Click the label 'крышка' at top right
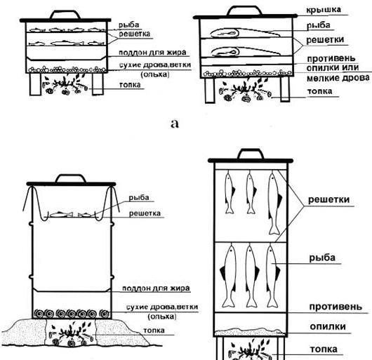point(324,10)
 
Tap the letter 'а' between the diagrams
point(175,124)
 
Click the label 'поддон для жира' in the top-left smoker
point(152,53)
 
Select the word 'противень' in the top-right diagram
point(331,58)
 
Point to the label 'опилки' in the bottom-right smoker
point(328,326)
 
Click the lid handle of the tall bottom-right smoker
point(251,154)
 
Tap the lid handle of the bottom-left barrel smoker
point(71,178)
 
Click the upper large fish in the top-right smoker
point(244,33)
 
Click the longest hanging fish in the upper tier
point(274,204)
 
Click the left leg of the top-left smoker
point(35,84)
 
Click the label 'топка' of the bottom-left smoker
point(154,331)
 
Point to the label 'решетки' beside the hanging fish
point(328,200)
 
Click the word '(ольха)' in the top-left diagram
point(155,74)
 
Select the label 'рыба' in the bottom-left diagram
point(139,198)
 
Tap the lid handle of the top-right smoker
point(244,11)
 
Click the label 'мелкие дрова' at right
point(338,78)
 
